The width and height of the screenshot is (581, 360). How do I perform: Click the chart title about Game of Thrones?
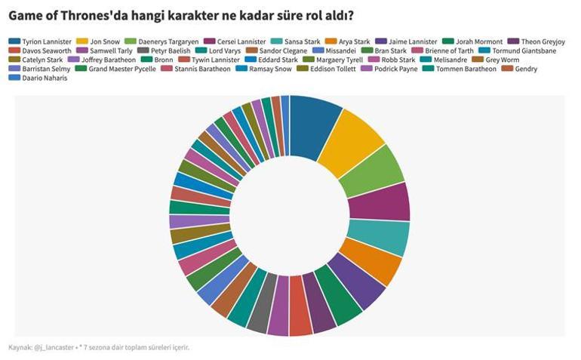tap(181, 15)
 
